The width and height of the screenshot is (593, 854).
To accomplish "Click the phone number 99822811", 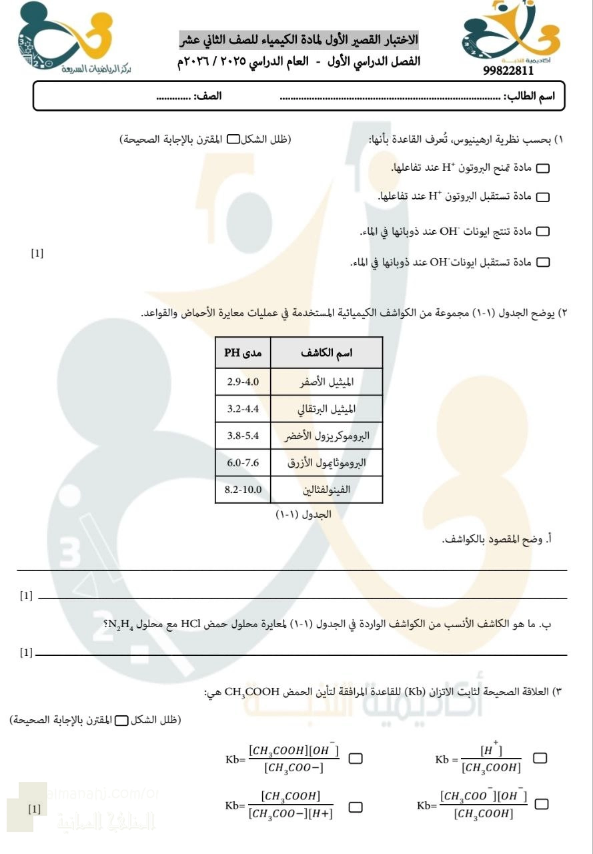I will [x=508, y=71].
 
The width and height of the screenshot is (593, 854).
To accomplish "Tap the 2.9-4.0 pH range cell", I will [x=243, y=382].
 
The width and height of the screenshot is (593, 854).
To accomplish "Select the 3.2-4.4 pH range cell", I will [x=243, y=409].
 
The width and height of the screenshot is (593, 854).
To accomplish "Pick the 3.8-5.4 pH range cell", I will [x=243, y=436].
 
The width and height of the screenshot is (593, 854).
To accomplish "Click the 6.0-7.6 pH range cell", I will [x=243, y=462].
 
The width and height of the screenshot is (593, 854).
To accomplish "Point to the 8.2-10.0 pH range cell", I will [x=243, y=490].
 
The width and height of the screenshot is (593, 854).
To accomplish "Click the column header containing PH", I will [x=243, y=352].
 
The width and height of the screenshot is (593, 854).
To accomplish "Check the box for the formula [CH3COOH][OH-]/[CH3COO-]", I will [x=356, y=759].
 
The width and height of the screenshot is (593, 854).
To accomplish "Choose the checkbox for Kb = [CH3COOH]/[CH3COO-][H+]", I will [x=356, y=807].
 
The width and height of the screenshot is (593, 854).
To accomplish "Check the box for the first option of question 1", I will [x=544, y=169].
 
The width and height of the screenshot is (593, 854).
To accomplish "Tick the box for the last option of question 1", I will [x=544, y=263].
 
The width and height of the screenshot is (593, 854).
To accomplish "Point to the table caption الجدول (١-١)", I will [x=304, y=515].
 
